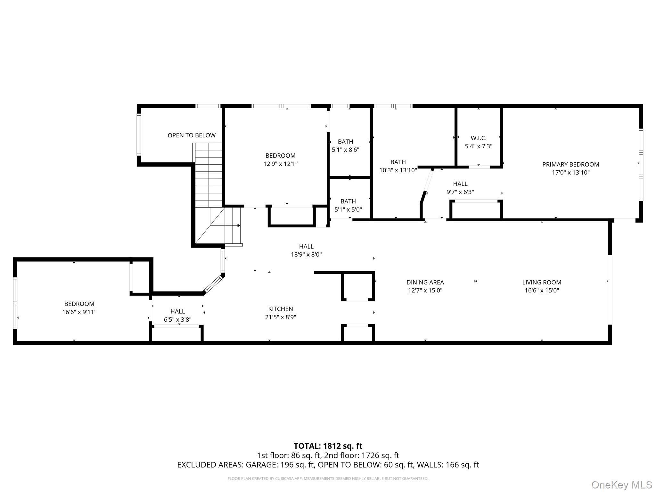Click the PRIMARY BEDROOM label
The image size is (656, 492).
click(x=570, y=164)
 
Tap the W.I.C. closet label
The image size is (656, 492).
click(x=479, y=138)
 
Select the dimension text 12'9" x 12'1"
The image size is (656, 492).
click(x=280, y=164)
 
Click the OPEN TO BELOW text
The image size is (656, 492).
click(x=192, y=135)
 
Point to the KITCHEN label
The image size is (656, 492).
click(x=281, y=309)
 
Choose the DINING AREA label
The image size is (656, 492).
click(x=425, y=282)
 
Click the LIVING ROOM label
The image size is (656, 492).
click(x=542, y=282)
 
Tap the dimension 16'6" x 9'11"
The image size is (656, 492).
click(x=79, y=312)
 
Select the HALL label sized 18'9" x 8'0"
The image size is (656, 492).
click(x=306, y=246)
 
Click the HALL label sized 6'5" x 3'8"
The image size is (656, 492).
click(x=177, y=311)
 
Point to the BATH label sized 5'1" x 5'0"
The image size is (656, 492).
click(x=348, y=201)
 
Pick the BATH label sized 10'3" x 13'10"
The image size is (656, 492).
click(x=398, y=162)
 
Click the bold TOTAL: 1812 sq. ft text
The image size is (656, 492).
click(x=328, y=446)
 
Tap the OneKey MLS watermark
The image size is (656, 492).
click(x=622, y=485)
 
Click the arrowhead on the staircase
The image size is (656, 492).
click(x=239, y=225)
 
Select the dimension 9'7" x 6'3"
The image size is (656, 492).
click(x=460, y=192)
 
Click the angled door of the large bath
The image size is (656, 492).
click(x=429, y=181)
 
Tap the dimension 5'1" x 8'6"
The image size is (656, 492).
click(x=346, y=150)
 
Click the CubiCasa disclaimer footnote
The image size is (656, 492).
click(x=328, y=479)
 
